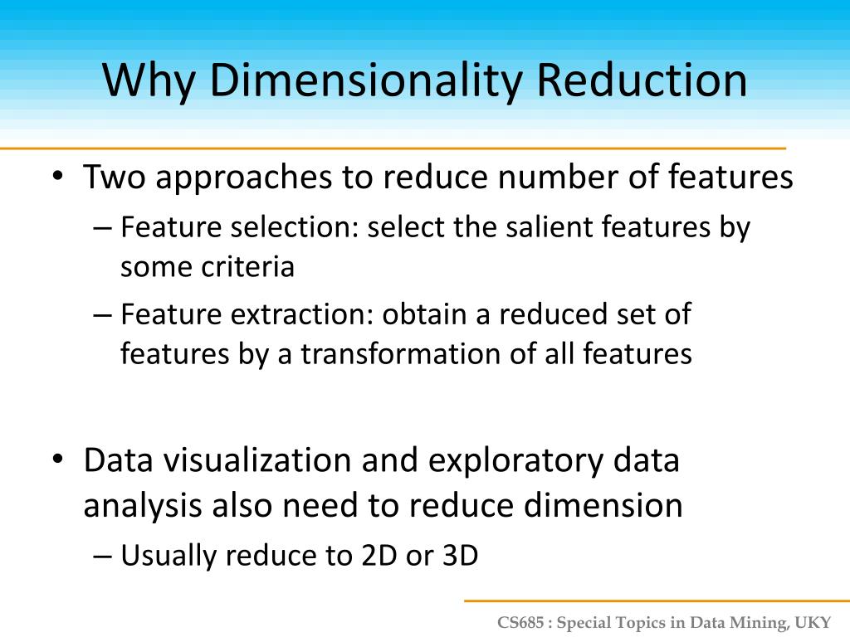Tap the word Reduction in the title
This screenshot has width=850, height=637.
(x=642, y=80)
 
